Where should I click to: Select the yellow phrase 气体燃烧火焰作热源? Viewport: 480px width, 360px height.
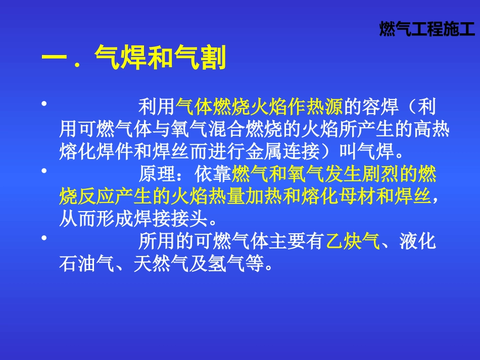click(260, 107)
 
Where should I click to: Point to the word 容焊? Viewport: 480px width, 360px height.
click(381, 107)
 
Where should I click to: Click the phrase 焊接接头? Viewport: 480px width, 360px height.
click(170, 219)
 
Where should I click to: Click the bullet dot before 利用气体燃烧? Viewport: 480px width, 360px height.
click(44, 104)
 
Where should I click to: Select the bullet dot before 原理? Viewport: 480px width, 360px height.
click(44, 171)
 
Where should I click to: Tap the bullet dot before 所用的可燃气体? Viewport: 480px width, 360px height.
click(44, 238)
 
